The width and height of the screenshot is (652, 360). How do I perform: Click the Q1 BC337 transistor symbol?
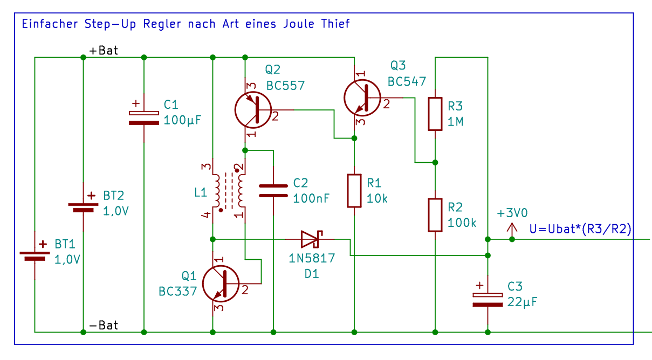[221, 285]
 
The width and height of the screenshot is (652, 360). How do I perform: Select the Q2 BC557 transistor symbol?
[253, 110]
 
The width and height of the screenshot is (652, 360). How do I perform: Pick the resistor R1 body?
[354, 190]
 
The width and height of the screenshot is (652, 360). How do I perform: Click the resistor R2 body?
[435, 214]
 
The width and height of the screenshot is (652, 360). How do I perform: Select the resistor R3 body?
[435, 114]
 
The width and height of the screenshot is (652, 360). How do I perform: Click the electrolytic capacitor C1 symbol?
[144, 118]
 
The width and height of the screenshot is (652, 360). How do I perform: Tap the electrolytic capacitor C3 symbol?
[488, 300]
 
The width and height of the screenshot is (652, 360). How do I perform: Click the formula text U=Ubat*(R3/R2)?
[581, 229]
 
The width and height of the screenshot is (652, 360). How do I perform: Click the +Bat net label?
[104, 51]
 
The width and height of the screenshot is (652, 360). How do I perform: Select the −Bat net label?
[104, 325]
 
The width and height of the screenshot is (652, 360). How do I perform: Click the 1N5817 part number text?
[312, 258]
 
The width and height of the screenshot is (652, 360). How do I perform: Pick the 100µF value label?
[182, 120]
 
